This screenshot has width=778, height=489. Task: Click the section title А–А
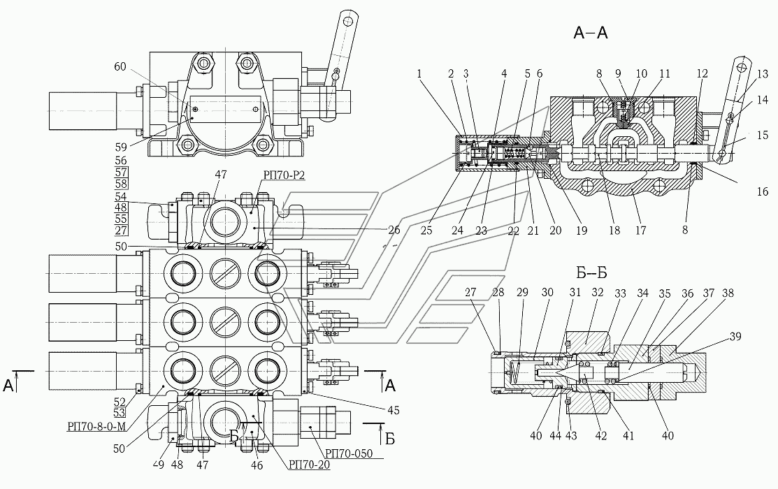coord(590,32)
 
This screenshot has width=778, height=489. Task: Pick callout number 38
coord(727,293)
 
